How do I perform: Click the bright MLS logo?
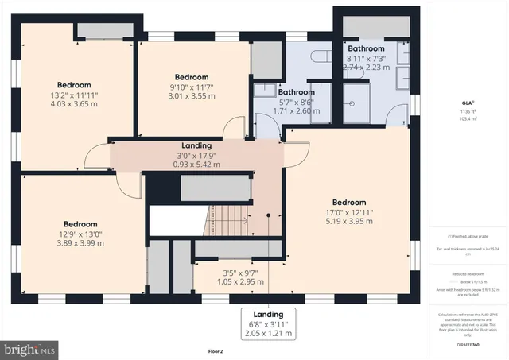click(31, 348)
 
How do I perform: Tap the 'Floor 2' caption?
click(216, 350)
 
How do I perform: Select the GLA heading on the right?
click(468, 102)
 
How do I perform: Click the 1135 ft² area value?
click(468, 112)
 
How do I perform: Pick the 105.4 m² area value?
click(468, 119)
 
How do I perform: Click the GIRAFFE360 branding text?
click(468, 344)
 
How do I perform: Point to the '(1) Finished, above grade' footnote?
click(468, 237)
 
